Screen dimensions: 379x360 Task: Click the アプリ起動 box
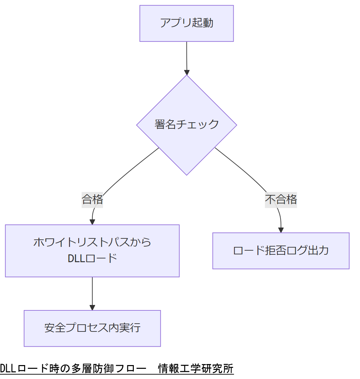pyautogui.click(x=186, y=23)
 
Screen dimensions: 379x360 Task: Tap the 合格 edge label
pyautogui.click(x=92, y=199)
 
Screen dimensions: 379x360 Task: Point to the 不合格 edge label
pyautogui.click(x=281, y=199)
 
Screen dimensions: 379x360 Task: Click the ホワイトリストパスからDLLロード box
pyautogui.click(x=92, y=251)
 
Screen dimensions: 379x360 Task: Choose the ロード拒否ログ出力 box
pyautogui.click(x=281, y=251)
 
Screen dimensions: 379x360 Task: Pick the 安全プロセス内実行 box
pyautogui.click(x=92, y=328)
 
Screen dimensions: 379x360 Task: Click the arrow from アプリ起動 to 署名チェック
pyautogui.click(x=186, y=56)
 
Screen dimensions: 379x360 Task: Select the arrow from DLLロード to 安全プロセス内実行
pyautogui.click(x=92, y=292)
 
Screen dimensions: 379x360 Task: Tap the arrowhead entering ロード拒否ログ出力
pyautogui.click(x=281, y=230)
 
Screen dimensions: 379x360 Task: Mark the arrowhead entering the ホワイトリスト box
pyautogui.click(x=92, y=222)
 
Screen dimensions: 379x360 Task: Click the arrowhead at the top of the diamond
pyautogui.click(x=186, y=72)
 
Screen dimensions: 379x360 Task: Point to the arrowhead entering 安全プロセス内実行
pyautogui.click(x=92, y=308)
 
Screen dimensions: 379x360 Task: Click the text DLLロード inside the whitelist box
pyautogui.click(x=92, y=258)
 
